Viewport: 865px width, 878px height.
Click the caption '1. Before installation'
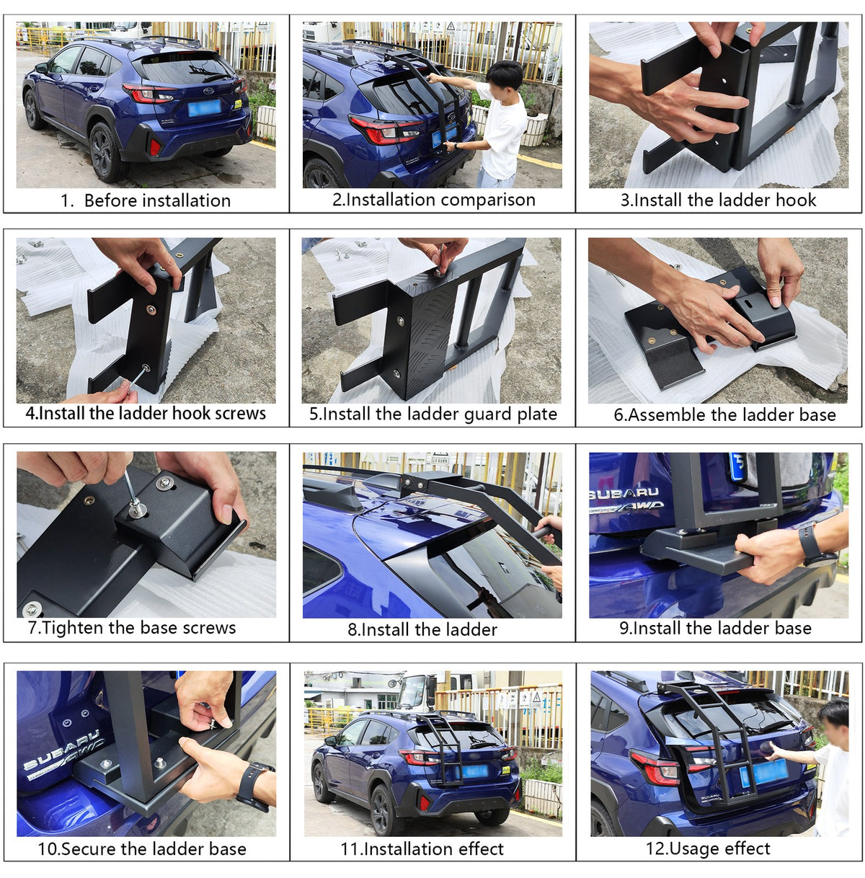click(x=146, y=200)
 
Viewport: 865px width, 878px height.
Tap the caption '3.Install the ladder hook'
click(x=718, y=200)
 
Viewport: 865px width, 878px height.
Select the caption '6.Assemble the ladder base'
click(x=724, y=414)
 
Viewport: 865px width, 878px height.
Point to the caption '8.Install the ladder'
click(x=422, y=630)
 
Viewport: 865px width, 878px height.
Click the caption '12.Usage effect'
click(x=709, y=848)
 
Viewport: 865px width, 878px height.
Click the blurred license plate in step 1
click(x=205, y=108)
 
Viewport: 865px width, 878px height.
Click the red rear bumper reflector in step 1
click(x=155, y=147)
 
